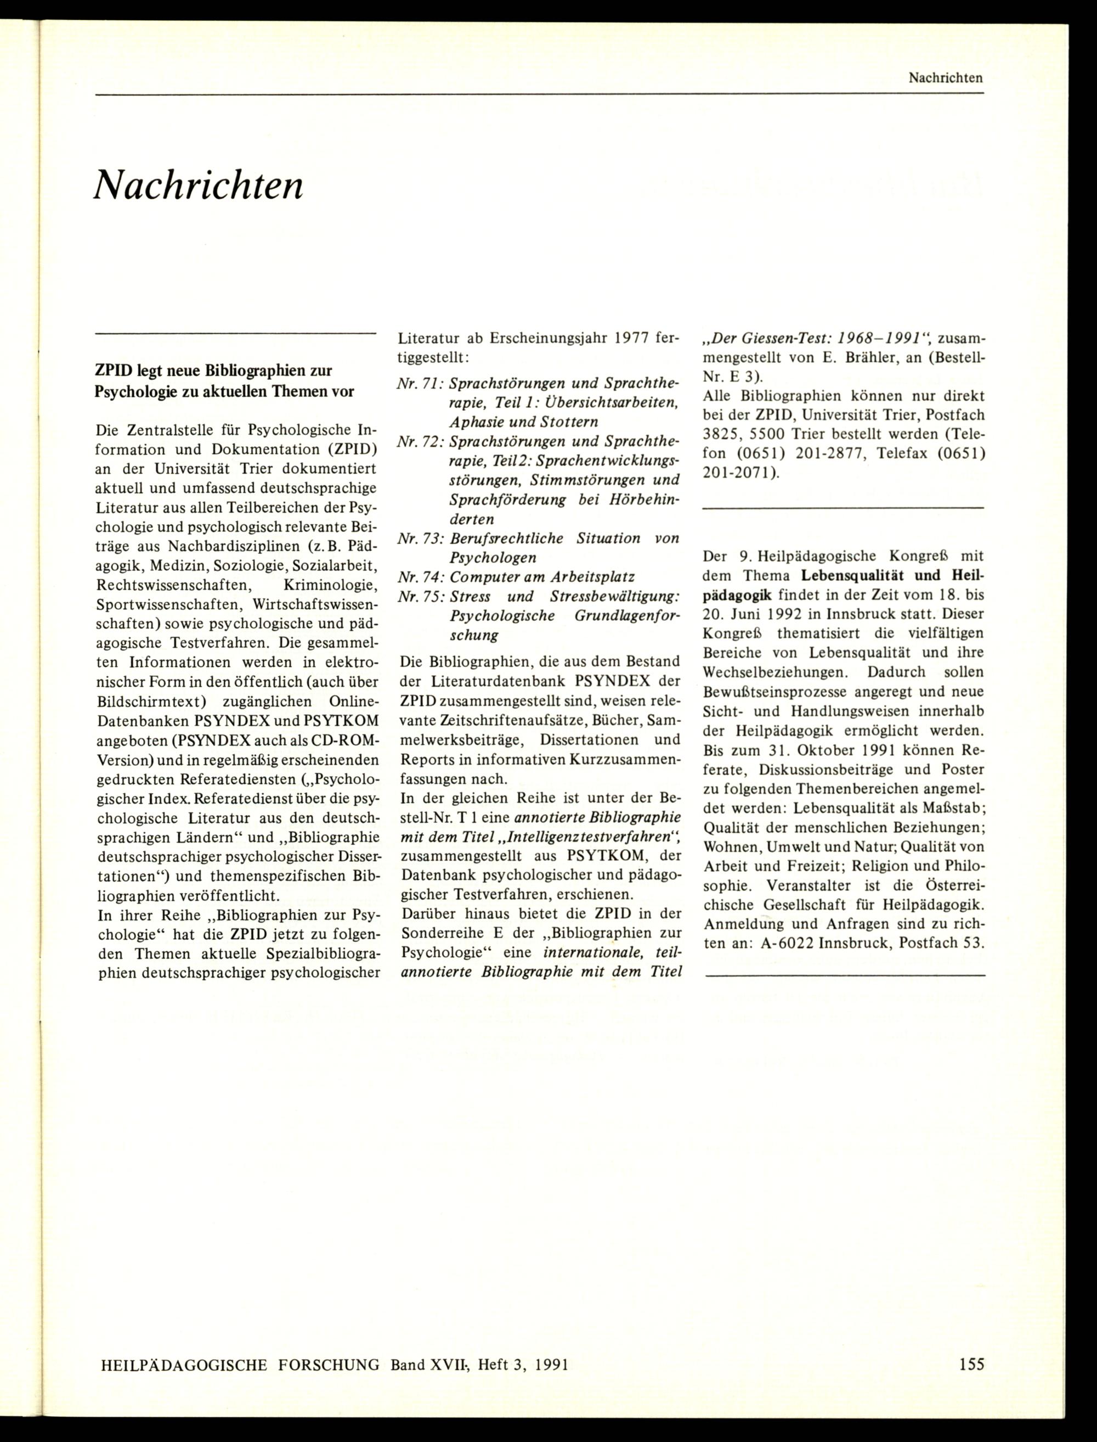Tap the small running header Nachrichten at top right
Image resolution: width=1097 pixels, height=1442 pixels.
946,78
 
